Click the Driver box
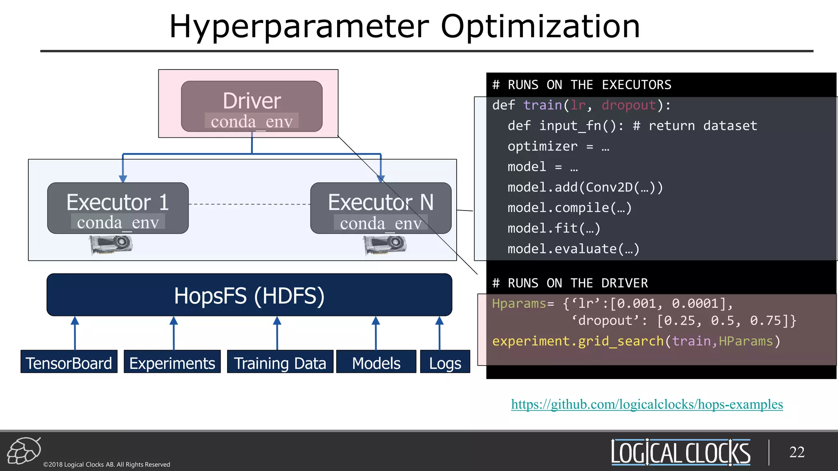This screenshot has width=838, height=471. [x=252, y=106]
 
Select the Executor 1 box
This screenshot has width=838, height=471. [x=118, y=208]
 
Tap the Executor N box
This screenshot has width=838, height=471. [x=381, y=208]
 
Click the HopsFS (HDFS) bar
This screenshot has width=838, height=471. [x=249, y=295]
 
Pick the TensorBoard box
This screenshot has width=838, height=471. [x=69, y=362]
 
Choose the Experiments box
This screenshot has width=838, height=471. [x=172, y=362]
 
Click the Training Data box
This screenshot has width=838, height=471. [x=280, y=362]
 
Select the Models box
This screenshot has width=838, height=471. [x=376, y=362]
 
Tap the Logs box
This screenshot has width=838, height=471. [x=445, y=362]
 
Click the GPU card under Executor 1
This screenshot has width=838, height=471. [x=111, y=245]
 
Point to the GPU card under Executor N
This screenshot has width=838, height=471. [x=385, y=245]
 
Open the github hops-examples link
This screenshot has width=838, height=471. [x=647, y=404]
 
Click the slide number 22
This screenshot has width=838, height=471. [x=797, y=452]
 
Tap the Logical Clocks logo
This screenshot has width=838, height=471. [x=680, y=452]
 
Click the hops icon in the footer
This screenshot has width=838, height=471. [x=24, y=451]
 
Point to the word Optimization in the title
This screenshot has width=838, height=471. [x=540, y=27]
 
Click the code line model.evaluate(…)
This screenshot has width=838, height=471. [x=573, y=249]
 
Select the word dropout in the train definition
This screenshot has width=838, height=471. [x=628, y=105]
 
